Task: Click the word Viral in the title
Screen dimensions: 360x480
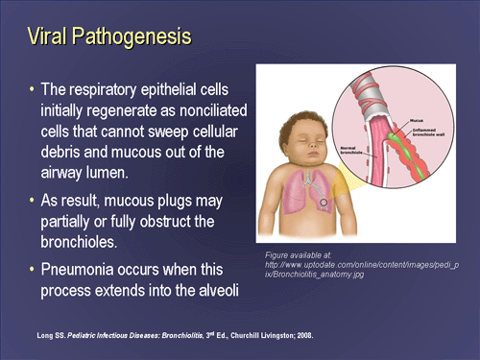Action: click(x=49, y=38)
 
